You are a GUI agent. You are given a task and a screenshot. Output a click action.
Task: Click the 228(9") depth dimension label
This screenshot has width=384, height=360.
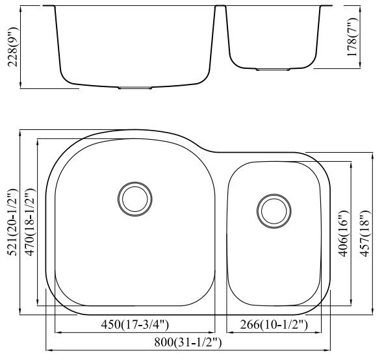(9, 47)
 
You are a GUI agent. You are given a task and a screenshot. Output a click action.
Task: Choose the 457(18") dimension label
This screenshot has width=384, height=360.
(364, 233)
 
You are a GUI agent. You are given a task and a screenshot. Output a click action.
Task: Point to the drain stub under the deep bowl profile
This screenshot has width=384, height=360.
(135, 86)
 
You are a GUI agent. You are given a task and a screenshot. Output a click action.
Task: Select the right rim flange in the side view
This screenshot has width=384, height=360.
(327, 6)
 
